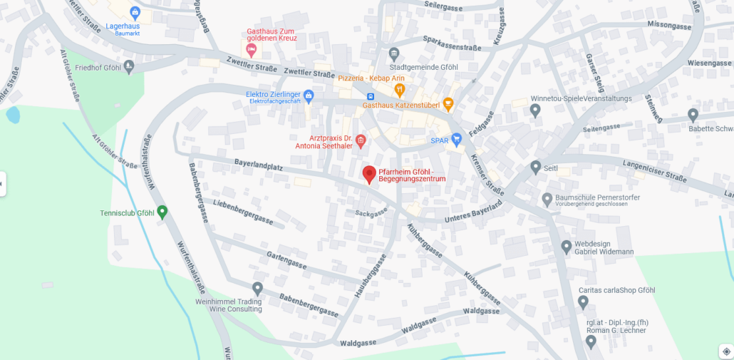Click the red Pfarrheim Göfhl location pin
tap(369, 174)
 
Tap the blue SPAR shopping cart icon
tap(457, 139)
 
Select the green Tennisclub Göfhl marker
tap(162, 212)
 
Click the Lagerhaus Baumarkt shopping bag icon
tap(135, 12)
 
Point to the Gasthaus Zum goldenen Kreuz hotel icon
tap(251, 49)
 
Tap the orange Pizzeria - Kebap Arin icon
tap(399, 90)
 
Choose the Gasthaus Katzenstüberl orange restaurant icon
tap(448, 104)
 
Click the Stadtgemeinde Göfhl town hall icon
tap(394, 53)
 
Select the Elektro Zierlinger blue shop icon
tap(309, 96)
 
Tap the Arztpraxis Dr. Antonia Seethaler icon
tap(361, 140)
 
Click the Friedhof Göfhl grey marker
tap(129, 67)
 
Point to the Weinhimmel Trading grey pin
tap(257, 288)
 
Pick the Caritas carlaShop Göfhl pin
tap(583, 302)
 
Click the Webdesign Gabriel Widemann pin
tap(567, 247)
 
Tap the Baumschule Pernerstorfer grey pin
tap(547, 199)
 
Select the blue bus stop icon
tap(371, 96)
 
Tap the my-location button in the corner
tap(725, 351)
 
